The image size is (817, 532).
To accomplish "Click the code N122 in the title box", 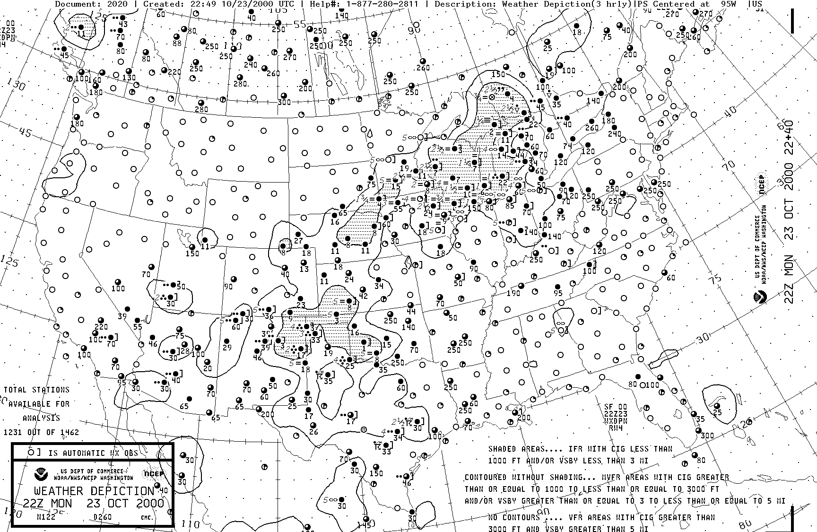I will pos(46,517).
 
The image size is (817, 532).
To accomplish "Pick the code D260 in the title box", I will pos(103,517).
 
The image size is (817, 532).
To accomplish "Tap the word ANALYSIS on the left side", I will pos(41,418).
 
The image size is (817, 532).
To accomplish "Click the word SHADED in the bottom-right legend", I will pos(503,449).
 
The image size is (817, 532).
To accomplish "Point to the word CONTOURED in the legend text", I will pos(487,478).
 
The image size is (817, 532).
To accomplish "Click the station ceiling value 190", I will pos(513,293).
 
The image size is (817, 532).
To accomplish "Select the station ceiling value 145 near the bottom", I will pos(364,524).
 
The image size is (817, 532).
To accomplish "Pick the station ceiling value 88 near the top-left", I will pos(177,44).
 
